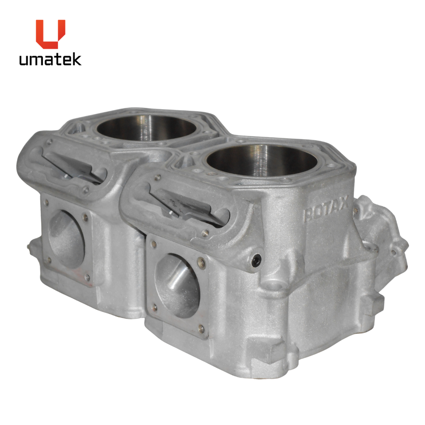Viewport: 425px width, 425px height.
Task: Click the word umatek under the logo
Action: [50, 59]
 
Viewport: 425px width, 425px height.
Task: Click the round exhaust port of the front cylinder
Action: [177, 286]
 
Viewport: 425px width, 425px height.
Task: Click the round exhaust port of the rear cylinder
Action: [66, 239]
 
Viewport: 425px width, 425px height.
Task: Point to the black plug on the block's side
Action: [256, 261]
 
